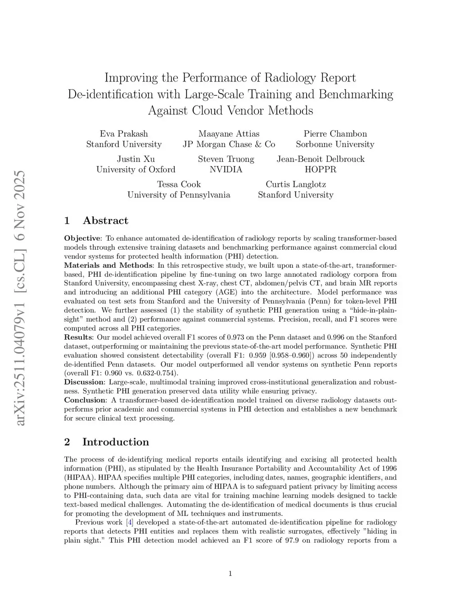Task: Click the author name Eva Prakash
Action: coord(124,134)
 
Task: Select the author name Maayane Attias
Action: coord(229,134)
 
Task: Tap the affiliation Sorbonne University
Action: coord(335,144)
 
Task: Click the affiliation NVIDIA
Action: coord(226,170)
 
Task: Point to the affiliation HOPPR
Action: coord(321,170)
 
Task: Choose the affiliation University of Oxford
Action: coord(136,170)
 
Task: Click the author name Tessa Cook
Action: coord(179,184)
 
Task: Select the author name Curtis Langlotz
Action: coord(296,184)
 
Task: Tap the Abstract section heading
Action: coord(105,220)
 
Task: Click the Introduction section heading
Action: coord(115,442)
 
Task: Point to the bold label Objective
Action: coord(82,238)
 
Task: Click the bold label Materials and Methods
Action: coord(108,265)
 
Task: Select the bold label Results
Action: coord(78,337)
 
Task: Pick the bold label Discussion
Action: coord(84,382)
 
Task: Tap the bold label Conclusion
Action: coord(85,400)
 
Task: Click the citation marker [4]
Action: coord(130,522)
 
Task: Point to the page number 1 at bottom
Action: coord(230,573)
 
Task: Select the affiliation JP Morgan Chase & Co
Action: coord(229,144)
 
